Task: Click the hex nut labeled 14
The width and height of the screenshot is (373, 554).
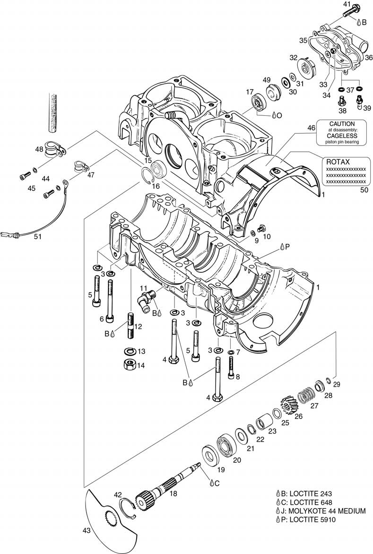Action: click(x=128, y=364)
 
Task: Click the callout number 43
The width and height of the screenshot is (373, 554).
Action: click(x=87, y=531)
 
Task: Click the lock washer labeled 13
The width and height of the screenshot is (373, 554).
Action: click(x=128, y=351)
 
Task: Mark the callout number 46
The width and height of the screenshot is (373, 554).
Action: click(x=311, y=128)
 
